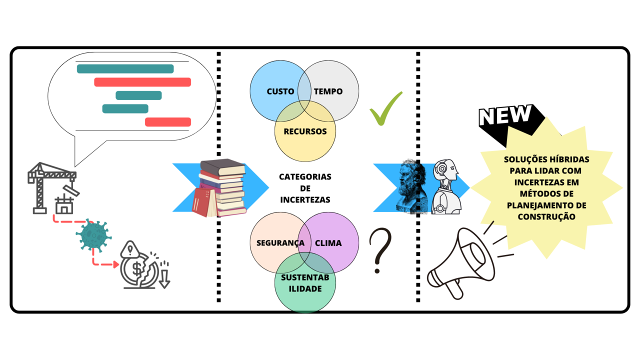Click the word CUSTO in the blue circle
click(x=280, y=91)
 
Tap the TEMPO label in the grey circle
click(x=328, y=91)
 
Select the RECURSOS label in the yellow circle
click(x=305, y=131)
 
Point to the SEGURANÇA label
click(x=280, y=243)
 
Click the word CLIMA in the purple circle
click(x=328, y=243)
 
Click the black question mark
click(x=380, y=250)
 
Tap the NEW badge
click(x=505, y=116)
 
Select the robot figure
click(x=445, y=186)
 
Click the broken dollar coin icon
click(x=140, y=270)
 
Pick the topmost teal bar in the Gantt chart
click(x=125, y=69)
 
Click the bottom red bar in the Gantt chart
click(x=168, y=122)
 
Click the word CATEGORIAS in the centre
click(x=305, y=177)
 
